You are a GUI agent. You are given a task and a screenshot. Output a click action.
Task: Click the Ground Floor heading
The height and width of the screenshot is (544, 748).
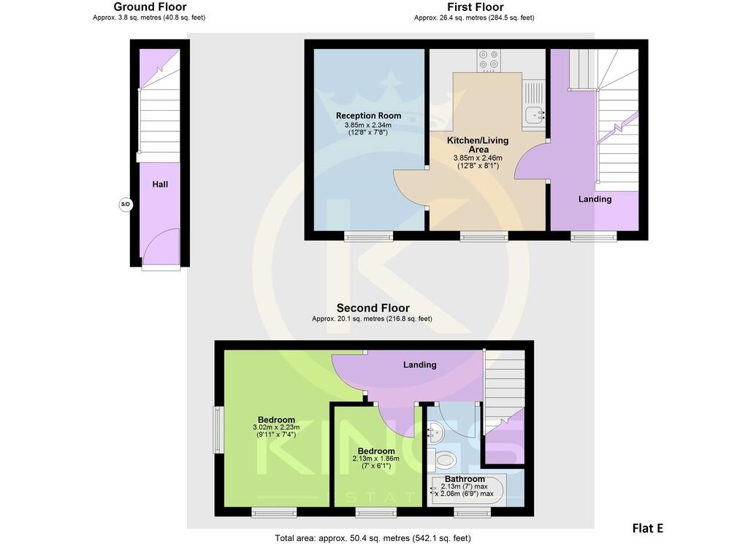pos(150,7)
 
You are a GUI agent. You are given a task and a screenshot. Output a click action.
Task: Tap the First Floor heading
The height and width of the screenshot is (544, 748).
pos(475,7)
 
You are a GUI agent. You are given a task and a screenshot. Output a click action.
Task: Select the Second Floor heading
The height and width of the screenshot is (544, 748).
pos(373,308)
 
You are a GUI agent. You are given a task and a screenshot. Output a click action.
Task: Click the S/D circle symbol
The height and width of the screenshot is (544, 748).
pos(125,204)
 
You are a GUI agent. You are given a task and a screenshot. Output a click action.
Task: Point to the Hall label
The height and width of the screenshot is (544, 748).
pos(160,185)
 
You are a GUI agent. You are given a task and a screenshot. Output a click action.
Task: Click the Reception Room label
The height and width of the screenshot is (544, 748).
pos(368,115)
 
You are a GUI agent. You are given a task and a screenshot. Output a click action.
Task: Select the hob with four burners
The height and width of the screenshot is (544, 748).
pos(489,61)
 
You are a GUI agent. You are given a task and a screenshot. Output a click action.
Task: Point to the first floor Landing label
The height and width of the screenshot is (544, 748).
pos(595,199)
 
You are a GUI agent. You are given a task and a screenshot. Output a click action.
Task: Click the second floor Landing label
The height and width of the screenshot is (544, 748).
pos(419,364)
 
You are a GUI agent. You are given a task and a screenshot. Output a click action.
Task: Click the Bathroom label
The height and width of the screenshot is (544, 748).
pos(465,479)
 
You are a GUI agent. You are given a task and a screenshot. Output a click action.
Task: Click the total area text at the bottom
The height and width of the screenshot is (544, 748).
pos(373,538)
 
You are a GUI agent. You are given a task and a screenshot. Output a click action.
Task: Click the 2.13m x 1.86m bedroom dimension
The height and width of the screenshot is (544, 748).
pos(376,459)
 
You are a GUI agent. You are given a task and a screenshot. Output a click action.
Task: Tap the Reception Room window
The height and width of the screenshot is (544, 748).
pos(368,236)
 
